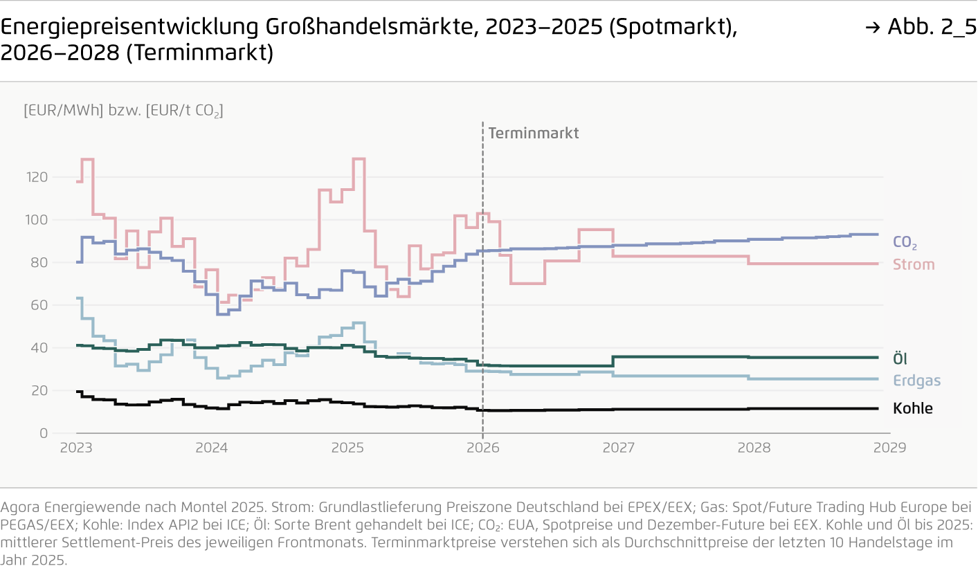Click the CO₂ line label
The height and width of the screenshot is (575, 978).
(905, 243)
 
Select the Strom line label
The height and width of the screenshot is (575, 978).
(914, 264)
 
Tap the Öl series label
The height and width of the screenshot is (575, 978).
(900, 358)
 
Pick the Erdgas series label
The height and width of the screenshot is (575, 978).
(916, 381)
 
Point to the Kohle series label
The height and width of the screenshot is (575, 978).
(913, 408)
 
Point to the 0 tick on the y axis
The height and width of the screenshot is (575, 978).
(43, 433)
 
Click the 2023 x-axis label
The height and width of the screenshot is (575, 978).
(76, 448)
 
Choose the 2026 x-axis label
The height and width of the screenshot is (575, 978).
(482, 448)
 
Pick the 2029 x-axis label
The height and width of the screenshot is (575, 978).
(889, 448)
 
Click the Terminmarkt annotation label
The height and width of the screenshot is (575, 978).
(533, 133)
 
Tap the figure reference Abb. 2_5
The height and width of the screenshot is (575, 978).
(932, 27)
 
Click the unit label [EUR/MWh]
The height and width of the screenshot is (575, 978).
(63, 110)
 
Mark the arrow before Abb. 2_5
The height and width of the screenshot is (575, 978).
(873, 28)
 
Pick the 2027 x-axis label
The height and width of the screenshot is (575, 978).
(618, 448)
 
